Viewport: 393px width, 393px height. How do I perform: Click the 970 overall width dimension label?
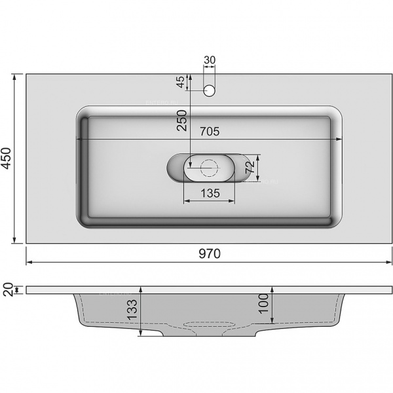click(x=210, y=253)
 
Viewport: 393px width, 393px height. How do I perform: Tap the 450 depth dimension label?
click(x=6, y=158)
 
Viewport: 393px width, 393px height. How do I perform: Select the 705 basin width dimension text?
click(x=210, y=132)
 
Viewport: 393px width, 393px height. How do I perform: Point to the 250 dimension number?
click(x=182, y=121)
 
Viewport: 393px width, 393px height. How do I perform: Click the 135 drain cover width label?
click(x=210, y=193)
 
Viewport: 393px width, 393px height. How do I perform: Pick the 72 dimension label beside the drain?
click(x=250, y=167)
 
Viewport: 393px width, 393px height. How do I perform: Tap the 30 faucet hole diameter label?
click(x=210, y=60)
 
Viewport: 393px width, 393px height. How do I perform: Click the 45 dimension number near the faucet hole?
click(x=181, y=82)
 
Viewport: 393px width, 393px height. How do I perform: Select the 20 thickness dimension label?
click(x=8, y=290)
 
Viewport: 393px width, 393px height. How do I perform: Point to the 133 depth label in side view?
click(x=132, y=310)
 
